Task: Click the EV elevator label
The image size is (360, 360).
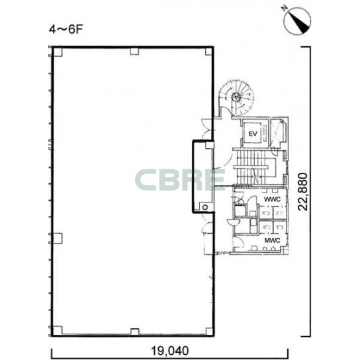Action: (253, 134)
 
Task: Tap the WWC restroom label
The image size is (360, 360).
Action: (272, 199)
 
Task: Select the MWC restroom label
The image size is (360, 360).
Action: (272, 240)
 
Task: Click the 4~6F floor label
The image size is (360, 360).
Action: (66, 30)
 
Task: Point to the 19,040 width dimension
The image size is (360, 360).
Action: (169, 351)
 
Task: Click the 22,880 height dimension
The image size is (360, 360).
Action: (303, 191)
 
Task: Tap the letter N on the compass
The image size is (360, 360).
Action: (285, 8)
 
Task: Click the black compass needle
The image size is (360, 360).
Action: (298, 22)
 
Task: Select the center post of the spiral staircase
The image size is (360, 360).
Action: (236, 97)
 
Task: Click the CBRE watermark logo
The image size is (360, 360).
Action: (180, 180)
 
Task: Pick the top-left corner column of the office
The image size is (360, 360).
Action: (58, 52)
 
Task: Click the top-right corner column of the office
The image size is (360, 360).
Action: (208, 52)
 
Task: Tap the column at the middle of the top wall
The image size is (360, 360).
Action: (134, 52)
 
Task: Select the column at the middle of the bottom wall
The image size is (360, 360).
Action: (135, 332)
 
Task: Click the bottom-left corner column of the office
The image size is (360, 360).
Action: (58, 330)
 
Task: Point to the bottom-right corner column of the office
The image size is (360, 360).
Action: (209, 332)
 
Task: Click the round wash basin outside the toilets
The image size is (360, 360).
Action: (234, 222)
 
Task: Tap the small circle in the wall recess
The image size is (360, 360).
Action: (205, 207)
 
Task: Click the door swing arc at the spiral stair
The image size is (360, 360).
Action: (226, 112)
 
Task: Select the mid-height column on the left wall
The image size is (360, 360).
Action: (58, 238)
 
